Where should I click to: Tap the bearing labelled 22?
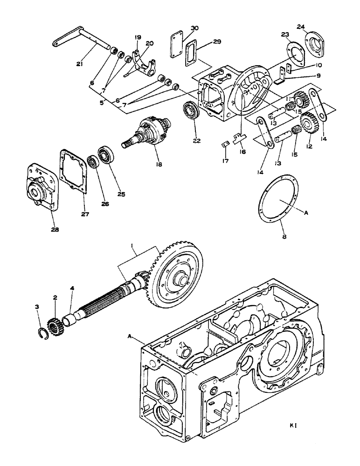[191, 112]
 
